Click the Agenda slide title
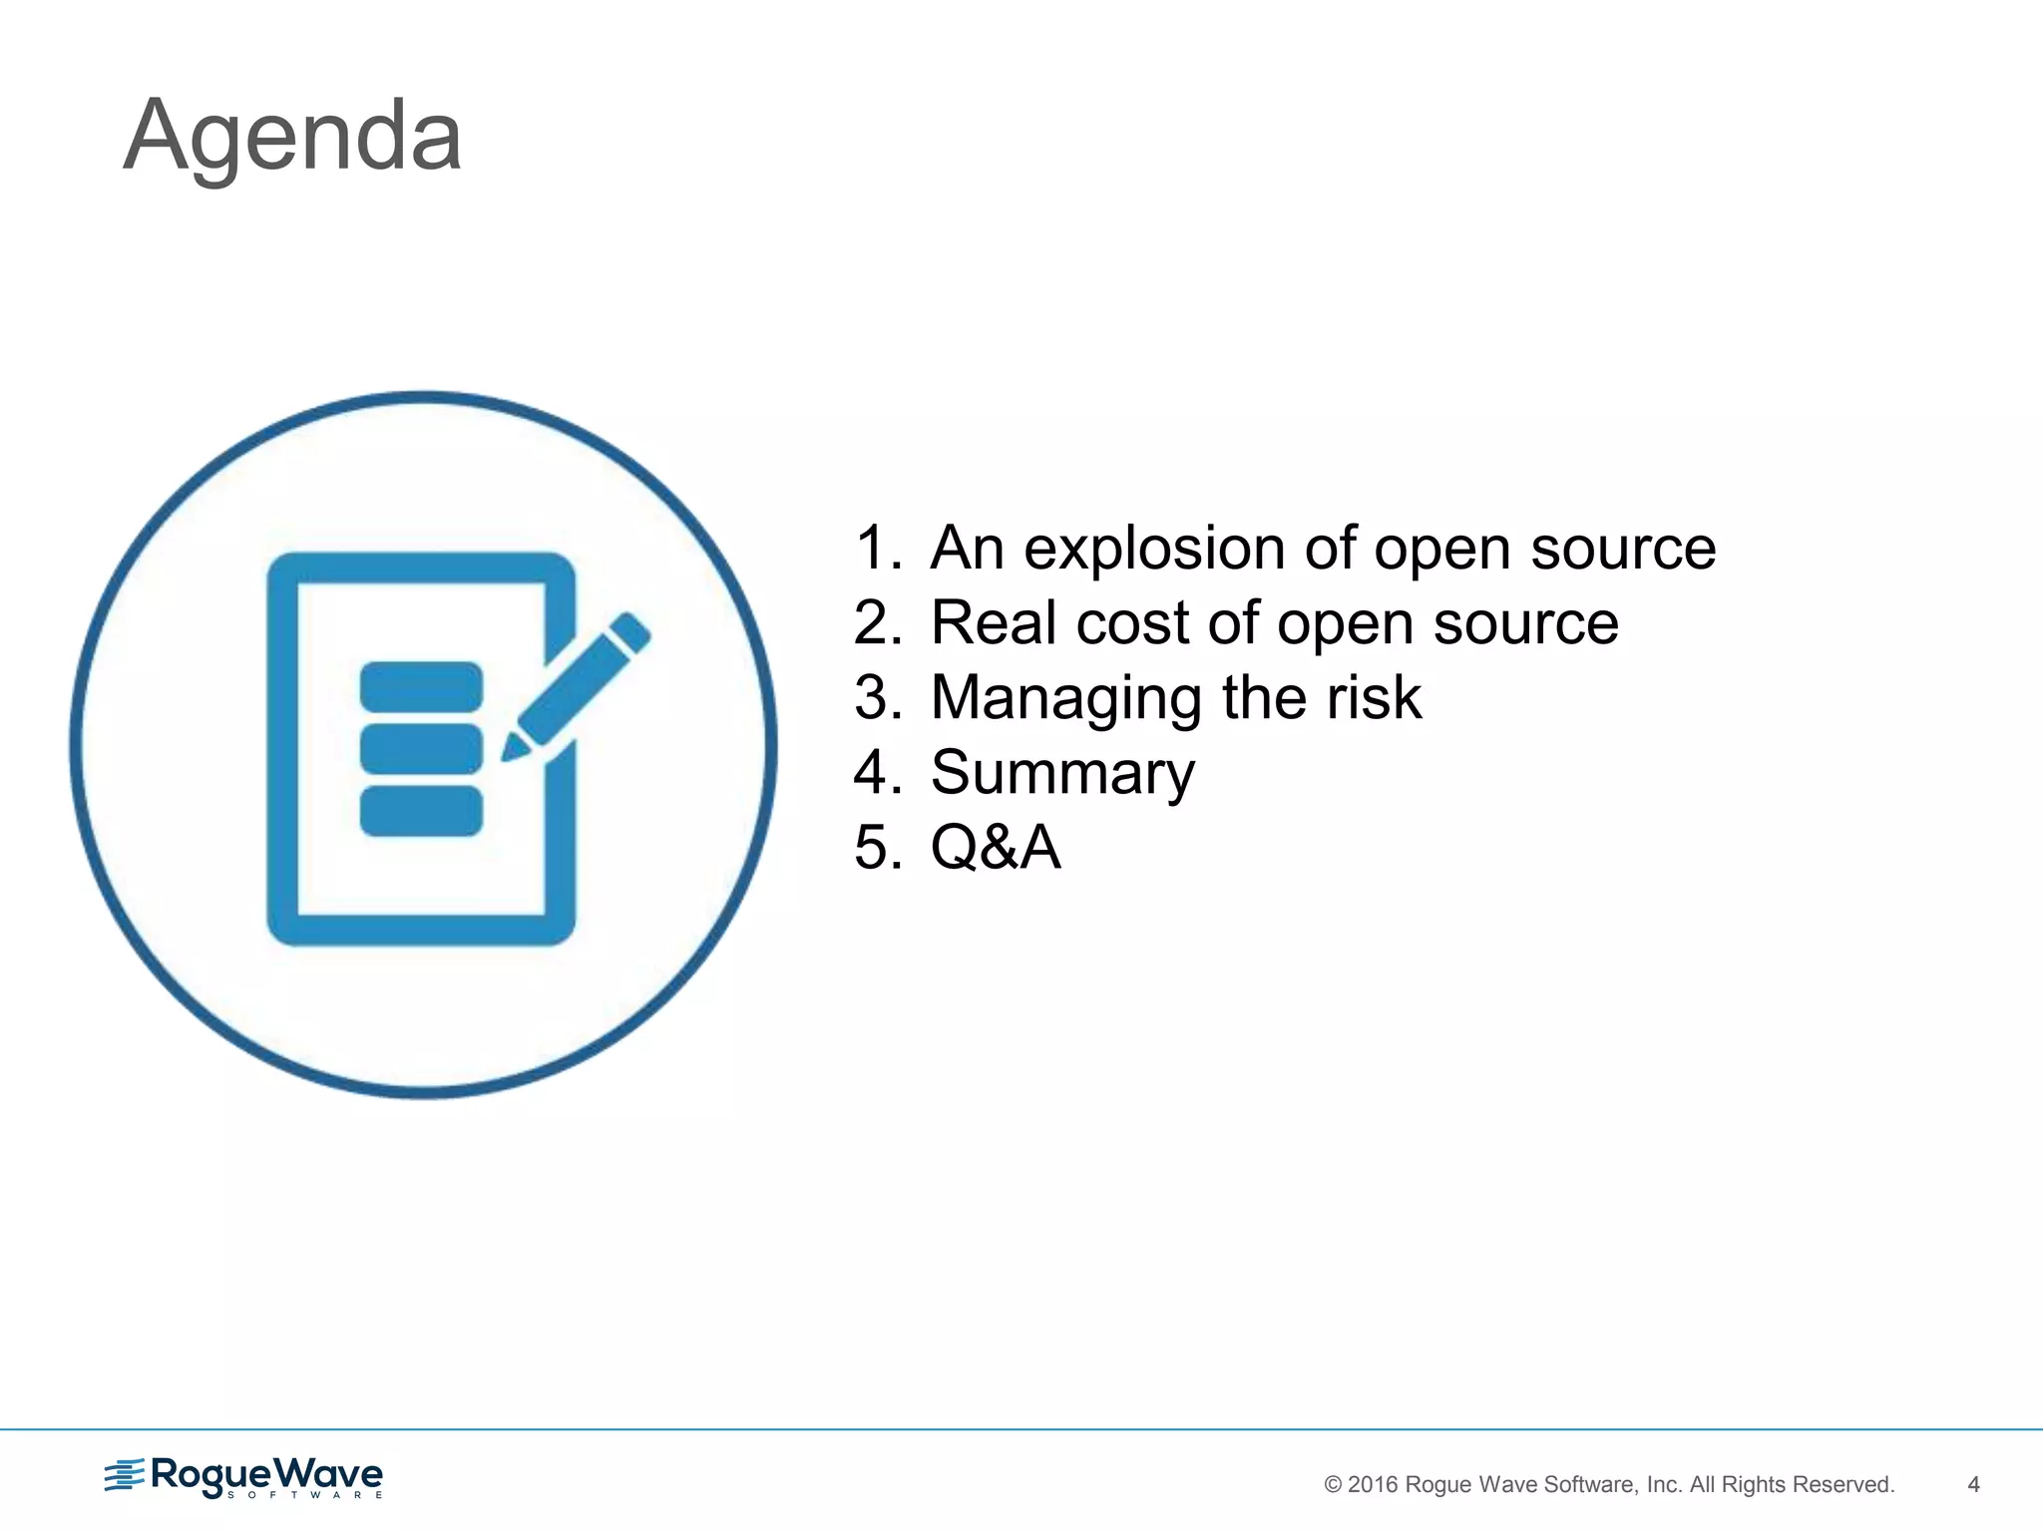click(292, 136)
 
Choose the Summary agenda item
click(1062, 773)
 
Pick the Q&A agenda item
click(995, 847)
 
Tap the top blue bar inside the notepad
click(421, 686)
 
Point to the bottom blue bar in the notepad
click(421, 811)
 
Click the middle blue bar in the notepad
click(421, 749)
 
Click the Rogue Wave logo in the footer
click(243, 1476)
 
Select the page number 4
click(1972, 1484)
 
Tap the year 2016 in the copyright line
click(1373, 1484)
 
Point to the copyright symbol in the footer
click(1333, 1484)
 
